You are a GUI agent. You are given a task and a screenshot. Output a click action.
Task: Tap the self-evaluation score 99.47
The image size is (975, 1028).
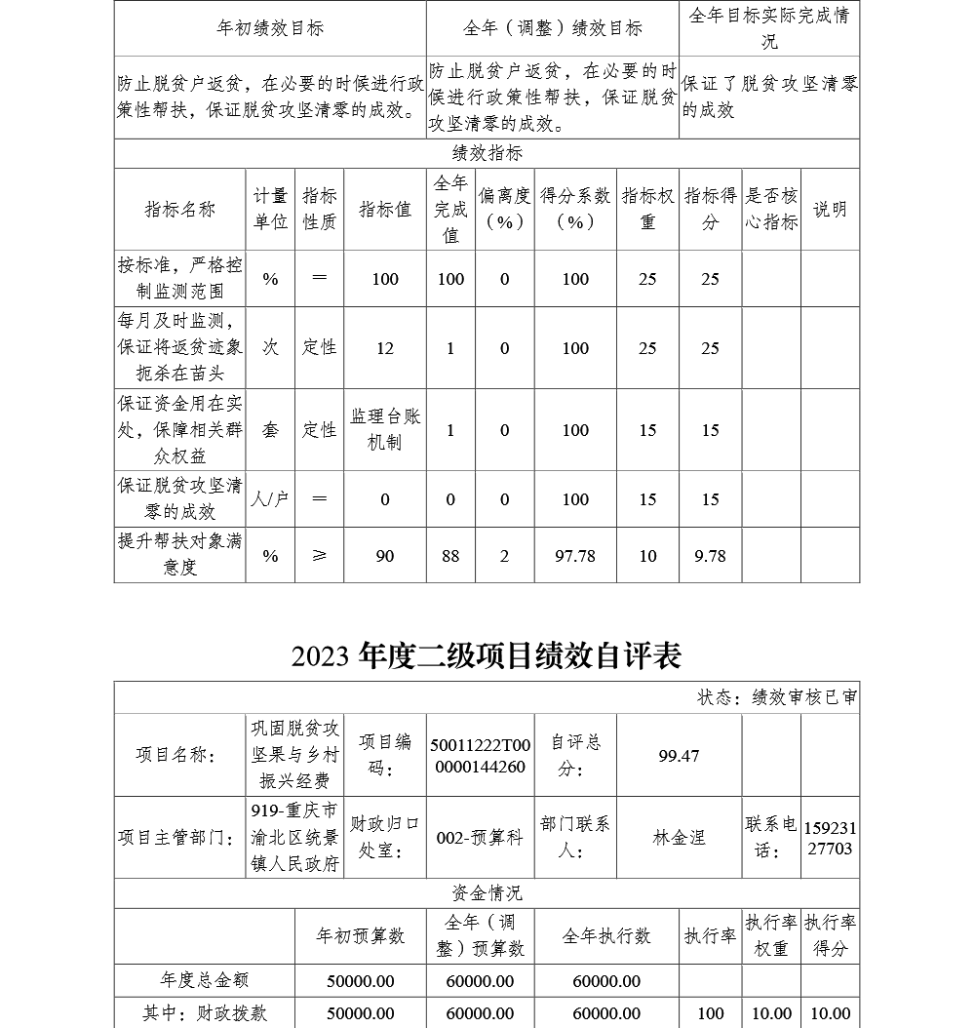[x=679, y=756]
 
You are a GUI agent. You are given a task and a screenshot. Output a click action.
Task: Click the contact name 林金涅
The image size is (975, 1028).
[x=679, y=838]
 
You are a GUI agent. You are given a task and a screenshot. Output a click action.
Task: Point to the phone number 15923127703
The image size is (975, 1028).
[x=830, y=838]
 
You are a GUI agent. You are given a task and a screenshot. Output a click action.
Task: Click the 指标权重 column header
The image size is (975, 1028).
[x=647, y=209]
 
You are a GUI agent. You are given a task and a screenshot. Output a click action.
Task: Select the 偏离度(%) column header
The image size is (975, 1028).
[x=504, y=209]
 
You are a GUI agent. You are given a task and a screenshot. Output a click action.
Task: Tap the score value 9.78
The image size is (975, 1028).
[x=710, y=556]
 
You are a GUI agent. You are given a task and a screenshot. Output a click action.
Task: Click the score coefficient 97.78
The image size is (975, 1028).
[x=575, y=556]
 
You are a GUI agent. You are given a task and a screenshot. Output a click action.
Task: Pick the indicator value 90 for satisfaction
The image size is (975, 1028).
[x=385, y=556]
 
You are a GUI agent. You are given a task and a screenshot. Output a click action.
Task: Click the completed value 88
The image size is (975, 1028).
[x=450, y=556]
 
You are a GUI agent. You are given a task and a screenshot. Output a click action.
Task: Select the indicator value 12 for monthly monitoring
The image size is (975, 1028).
[x=385, y=348]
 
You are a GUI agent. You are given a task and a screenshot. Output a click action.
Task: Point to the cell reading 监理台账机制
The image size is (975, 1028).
[x=385, y=430]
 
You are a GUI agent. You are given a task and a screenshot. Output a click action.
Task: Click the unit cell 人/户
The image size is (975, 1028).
[x=270, y=499]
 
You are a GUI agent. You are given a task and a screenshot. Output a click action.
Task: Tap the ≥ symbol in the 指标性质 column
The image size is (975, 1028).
[x=319, y=556]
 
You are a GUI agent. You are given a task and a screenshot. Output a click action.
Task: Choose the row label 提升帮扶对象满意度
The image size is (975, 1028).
[x=180, y=555]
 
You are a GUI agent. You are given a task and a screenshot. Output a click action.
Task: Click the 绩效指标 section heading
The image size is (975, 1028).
[x=487, y=154]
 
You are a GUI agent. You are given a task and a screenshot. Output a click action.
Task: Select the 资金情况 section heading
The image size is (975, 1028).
[x=487, y=893]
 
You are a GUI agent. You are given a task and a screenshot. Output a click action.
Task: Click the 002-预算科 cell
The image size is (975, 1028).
[x=480, y=838]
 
